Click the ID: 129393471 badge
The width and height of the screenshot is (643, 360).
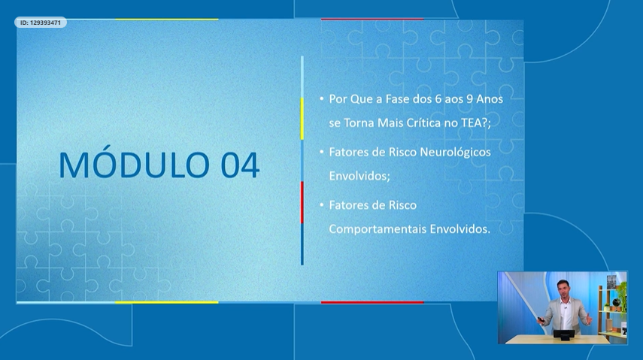coord(41,23)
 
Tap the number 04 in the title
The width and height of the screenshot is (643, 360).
coord(240,165)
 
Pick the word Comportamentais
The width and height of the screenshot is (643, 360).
coord(378,229)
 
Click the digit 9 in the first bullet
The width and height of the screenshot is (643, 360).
coord(469,99)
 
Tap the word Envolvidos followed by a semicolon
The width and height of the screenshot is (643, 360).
coord(359,176)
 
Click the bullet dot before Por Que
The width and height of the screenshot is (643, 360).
coord(322,98)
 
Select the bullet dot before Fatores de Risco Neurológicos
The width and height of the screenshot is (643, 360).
coord(322,152)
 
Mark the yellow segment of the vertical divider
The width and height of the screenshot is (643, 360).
coord(302,119)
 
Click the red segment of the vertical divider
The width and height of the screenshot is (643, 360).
coord(302,203)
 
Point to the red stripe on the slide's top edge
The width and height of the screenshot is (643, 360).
coord(372,19)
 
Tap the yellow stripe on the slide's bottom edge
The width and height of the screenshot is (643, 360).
coord(166,303)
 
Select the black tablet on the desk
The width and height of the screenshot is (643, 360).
coord(564,334)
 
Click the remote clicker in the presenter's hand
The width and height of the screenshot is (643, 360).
coord(541,319)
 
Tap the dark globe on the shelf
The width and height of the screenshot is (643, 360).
coord(616,303)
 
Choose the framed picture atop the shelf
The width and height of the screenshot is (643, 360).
coord(611,282)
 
